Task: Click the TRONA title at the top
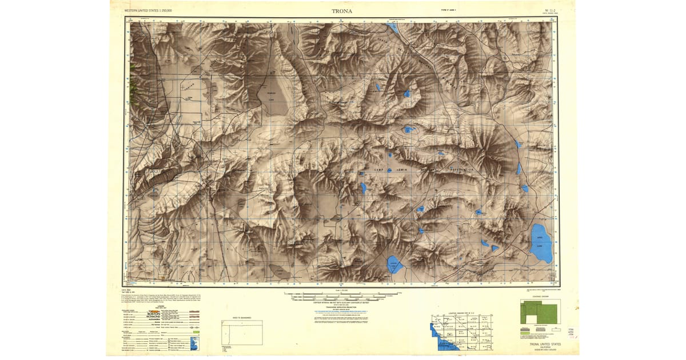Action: (342, 11)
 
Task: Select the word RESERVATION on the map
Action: (461, 170)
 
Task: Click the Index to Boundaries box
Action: (242, 332)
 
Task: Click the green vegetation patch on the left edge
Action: (134, 86)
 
